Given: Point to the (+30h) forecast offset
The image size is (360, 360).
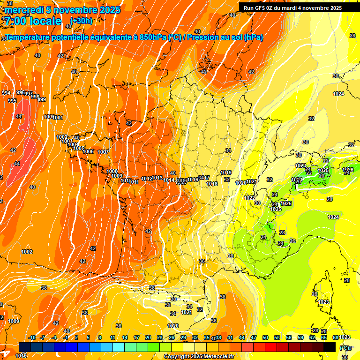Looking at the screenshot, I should [82, 21].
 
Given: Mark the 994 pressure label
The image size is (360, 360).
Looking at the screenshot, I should [6, 93].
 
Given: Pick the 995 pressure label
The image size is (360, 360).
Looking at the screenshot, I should [12, 101].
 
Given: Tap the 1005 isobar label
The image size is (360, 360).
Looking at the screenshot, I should [79, 148].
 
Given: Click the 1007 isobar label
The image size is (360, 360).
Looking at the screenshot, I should [103, 152].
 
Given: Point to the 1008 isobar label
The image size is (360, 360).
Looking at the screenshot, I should [112, 172].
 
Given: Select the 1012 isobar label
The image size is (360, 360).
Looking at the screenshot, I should [147, 179].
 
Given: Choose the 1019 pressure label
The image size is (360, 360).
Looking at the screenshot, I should [226, 172].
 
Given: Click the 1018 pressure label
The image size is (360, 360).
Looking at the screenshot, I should [212, 184].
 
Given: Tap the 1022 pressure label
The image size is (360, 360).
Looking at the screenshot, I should [249, 198].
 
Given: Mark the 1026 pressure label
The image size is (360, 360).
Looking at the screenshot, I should [348, 170].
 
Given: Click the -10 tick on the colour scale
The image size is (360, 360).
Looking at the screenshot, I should [32, 337].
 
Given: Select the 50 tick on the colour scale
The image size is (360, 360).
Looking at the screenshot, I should [265, 337].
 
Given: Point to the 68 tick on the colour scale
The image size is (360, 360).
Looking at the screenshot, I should [336, 337].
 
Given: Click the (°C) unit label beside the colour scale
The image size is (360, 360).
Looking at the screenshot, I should [345, 348].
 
